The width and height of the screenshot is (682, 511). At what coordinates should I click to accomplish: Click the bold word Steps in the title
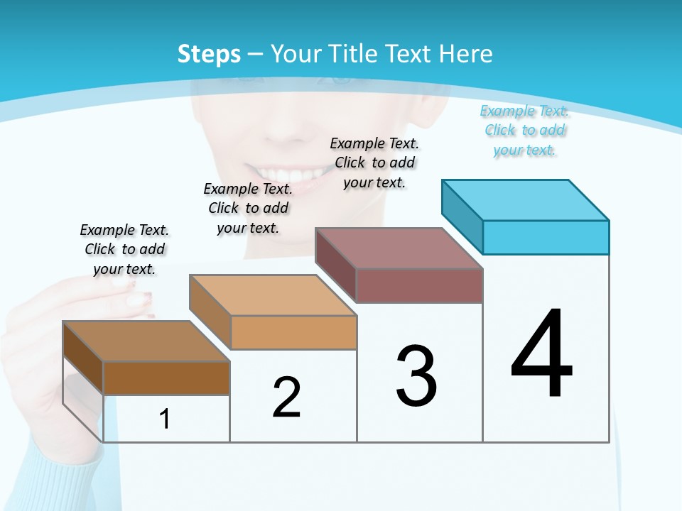(209, 54)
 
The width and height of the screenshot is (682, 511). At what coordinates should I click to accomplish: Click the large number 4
(542, 355)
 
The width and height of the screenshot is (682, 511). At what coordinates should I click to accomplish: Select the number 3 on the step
(416, 377)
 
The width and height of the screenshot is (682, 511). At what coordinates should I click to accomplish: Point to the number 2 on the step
(287, 398)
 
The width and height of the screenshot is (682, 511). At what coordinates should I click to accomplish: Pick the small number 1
(165, 419)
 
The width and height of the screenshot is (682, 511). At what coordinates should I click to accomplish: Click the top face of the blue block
(526, 200)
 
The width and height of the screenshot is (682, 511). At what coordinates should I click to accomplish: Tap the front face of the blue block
(546, 237)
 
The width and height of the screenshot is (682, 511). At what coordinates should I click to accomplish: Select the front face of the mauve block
(419, 285)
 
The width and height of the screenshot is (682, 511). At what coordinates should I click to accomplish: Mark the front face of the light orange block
(293, 332)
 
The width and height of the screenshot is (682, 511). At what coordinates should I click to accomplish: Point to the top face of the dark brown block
(146, 341)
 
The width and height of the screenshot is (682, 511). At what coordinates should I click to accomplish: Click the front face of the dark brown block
(166, 378)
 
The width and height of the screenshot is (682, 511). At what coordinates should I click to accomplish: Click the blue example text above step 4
(524, 131)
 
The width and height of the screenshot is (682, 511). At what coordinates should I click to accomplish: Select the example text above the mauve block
(374, 163)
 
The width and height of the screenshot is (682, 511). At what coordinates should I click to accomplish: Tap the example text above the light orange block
(248, 208)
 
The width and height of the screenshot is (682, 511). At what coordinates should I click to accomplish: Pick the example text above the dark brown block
(124, 249)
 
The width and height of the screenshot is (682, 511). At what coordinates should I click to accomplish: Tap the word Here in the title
(466, 54)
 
